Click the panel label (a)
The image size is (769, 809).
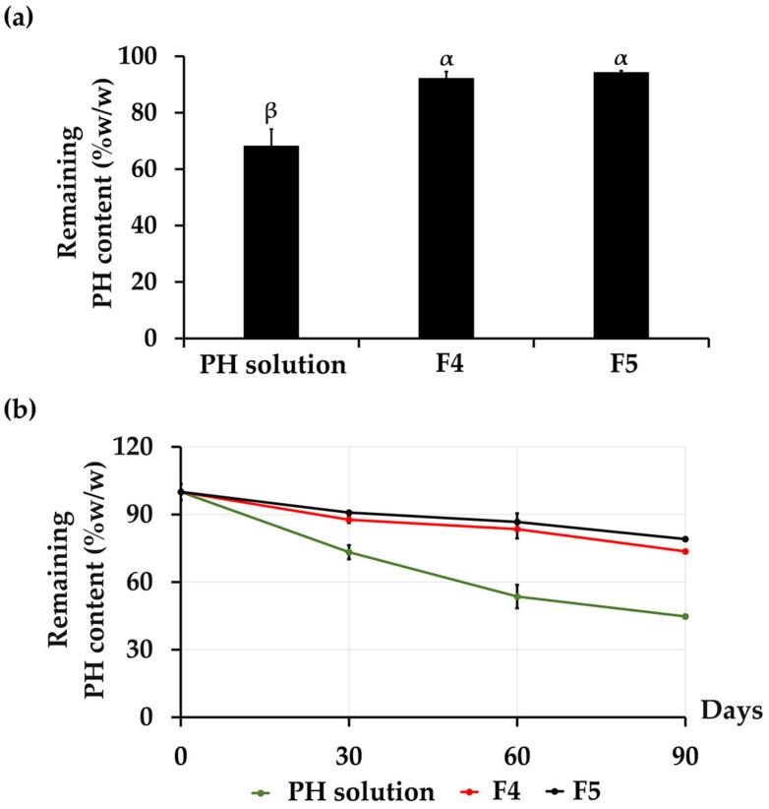(23, 17)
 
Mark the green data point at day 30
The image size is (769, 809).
(349, 552)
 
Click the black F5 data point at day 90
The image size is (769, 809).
(685, 539)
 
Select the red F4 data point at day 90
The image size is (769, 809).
(685, 551)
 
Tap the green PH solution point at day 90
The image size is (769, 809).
(685, 616)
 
